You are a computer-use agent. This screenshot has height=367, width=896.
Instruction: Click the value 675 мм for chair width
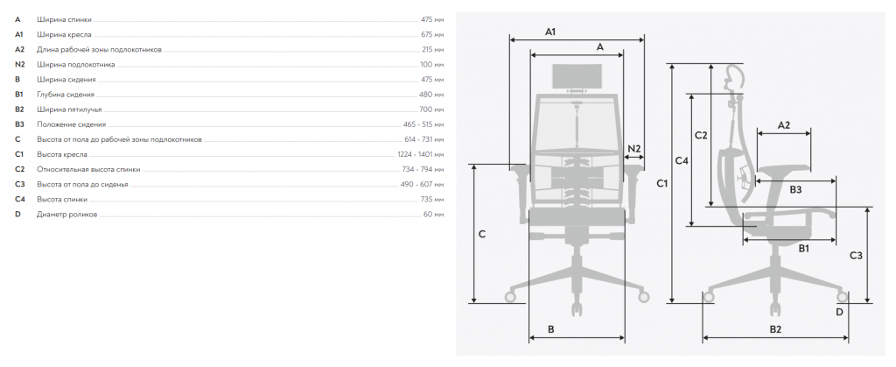[431, 35]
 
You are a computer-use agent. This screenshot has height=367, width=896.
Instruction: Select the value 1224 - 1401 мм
[421, 154]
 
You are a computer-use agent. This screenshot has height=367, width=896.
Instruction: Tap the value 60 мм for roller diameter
[433, 215]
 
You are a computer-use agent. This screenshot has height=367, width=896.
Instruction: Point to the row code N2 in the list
[20, 65]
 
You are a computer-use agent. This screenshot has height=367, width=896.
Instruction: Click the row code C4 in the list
[20, 200]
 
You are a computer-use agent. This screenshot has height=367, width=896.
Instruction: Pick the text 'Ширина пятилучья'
[69, 109]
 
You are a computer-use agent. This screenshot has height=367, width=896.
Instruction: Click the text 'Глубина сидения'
[66, 95]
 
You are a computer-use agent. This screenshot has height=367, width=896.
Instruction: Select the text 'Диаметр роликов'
[66, 215]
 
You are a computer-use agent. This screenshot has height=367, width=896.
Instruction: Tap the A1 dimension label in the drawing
[549, 32]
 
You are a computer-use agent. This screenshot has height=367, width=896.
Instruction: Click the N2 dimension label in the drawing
[634, 149]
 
